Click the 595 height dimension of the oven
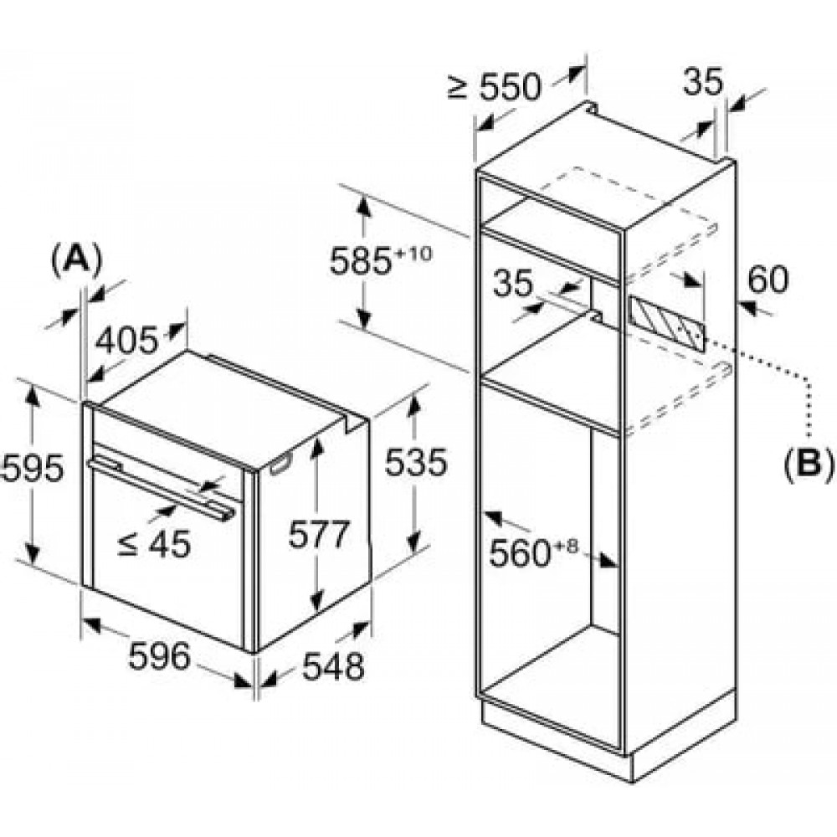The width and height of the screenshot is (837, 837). [x=32, y=469]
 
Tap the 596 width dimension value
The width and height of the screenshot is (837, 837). [x=159, y=656]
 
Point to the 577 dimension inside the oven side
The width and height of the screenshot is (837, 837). [x=319, y=534]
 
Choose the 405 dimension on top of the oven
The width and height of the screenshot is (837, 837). [x=127, y=340]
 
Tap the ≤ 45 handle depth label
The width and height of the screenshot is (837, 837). [x=154, y=544]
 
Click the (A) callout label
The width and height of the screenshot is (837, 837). [x=76, y=260]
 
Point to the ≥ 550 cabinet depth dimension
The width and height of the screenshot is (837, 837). [x=495, y=86]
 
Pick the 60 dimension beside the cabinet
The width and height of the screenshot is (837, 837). [x=768, y=279]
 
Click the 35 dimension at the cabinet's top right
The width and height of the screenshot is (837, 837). [x=703, y=81]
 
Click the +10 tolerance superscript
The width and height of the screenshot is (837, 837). [x=412, y=254]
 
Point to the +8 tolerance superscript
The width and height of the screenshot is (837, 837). [x=565, y=546]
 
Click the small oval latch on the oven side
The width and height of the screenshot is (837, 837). [x=281, y=464]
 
